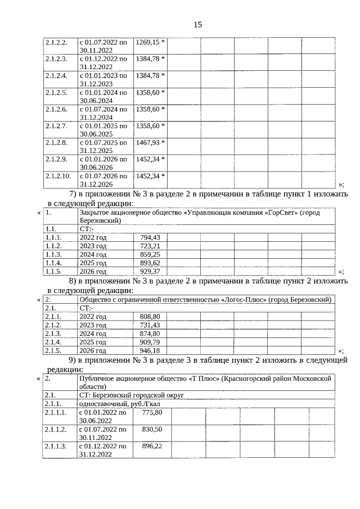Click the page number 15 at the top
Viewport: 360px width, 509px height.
click(197, 25)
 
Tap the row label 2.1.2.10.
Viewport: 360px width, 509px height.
click(57, 176)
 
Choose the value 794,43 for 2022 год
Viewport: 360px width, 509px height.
click(150, 237)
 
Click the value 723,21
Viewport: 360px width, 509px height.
click(150, 246)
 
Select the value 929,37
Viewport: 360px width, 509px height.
click(150, 271)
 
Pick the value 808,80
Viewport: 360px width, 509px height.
click(150, 317)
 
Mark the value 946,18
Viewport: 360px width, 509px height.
click(150, 350)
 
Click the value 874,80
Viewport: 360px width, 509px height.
click(150, 334)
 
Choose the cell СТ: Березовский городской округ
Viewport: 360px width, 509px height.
click(132, 395)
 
